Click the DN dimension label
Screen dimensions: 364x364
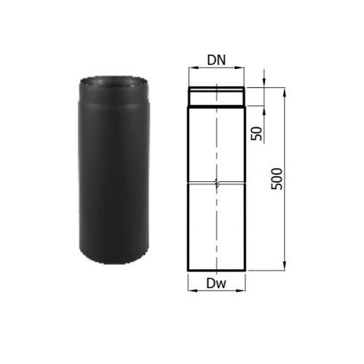click(216, 60)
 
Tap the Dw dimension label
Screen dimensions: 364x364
click(216, 283)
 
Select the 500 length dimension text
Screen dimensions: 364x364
click(277, 179)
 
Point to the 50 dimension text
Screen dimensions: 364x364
click(257, 133)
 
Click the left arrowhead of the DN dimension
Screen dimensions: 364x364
click(192, 68)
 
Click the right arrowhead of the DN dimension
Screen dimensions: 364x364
click(241, 68)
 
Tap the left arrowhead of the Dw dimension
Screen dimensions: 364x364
click(191, 290)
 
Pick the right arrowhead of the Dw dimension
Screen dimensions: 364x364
click(242, 290)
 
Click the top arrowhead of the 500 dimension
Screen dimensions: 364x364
click(285, 92)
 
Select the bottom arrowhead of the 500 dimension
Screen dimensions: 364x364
click(285, 266)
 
